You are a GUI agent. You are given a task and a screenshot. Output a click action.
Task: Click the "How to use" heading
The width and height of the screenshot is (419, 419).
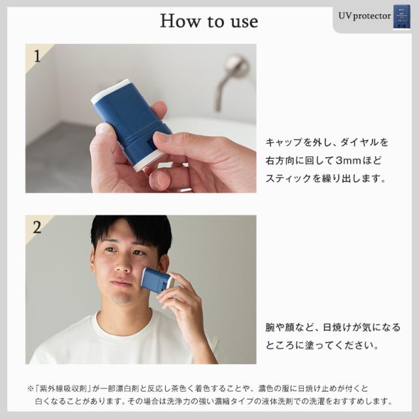[x=209, y=21]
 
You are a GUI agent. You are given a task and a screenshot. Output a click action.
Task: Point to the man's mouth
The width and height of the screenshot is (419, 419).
[x=122, y=283]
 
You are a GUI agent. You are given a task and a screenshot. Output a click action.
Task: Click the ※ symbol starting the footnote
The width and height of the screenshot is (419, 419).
[x=30, y=388]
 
